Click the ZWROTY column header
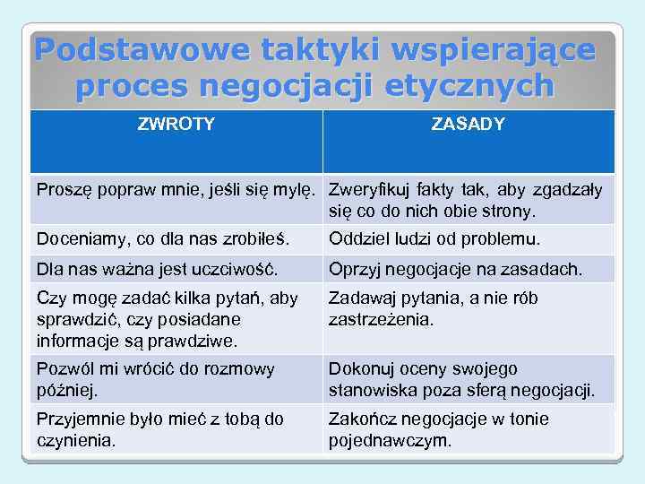[x=176, y=125]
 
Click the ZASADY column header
[x=468, y=125]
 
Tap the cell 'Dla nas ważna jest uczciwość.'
[x=157, y=269]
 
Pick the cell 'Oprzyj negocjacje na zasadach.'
[x=455, y=269]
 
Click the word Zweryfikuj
[x=366, y=190]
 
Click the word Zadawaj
[x=359, y=298]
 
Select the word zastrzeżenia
[x=382, y=319]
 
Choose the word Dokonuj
[x=360, y=369]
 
